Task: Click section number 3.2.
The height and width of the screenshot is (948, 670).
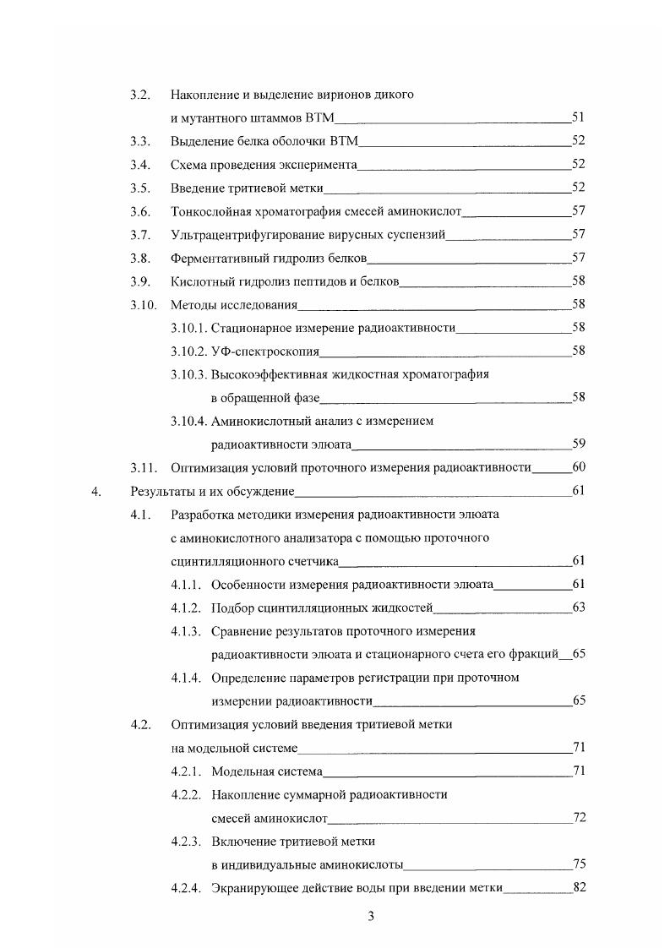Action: pyautogui.click(x=139, y=95)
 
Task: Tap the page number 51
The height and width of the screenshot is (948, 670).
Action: pyautogui.click(x=579, y=117)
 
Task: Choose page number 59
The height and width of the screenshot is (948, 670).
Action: pyautogui.click(x=579, y=443)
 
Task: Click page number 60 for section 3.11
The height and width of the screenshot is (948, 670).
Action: pyautogui.click(x=579, y=466)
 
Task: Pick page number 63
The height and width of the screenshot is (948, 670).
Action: pyautogui.click(x=579, y=607)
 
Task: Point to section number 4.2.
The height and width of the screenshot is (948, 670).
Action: pyautogui.click(x=139, y=724)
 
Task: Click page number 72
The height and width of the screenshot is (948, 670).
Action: pyautogui.click(x=579, y=817)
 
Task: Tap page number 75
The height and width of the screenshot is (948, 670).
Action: pyautogui.click(x=579, y=864)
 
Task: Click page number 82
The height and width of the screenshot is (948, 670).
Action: pyautogui.click(x=579, y=887)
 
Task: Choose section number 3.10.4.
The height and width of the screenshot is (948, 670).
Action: pyautogui.click(x=189, y=421)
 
